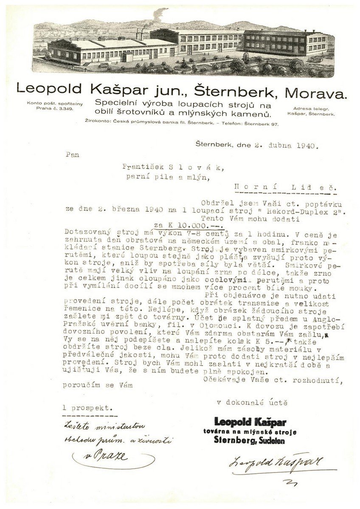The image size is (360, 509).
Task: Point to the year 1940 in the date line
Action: click(x=305, y=146)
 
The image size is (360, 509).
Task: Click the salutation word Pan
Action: click(x=72, y=155)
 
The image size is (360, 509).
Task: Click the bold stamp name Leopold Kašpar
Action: click(x=250, y=422)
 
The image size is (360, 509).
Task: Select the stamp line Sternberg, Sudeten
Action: click(x=250, y=441)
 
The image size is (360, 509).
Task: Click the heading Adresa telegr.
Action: click(x=311, y=109)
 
